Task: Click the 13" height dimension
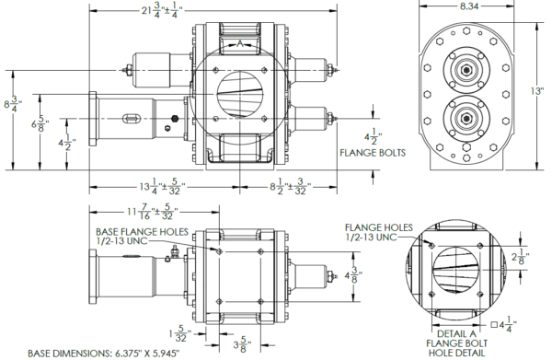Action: (537, 91)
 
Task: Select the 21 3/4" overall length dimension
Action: (160, 11)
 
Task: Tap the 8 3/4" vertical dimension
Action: (13, 105)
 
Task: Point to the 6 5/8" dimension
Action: (40, 124)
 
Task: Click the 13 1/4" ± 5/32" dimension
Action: (162, 186)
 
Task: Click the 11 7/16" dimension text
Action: (153, 213)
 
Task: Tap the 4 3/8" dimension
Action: (353, 275)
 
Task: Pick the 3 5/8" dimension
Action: (243, 345)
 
